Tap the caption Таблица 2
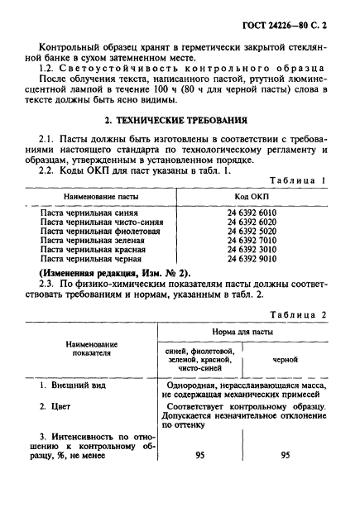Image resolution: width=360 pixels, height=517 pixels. pos(300,315)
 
